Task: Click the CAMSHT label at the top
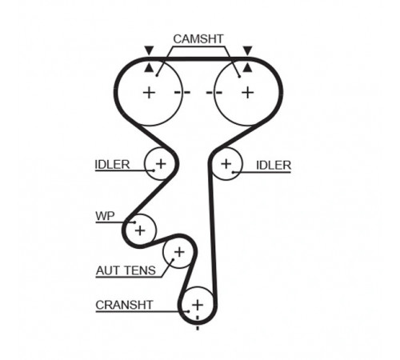coord(198,39)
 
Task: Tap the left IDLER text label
coord(112,165)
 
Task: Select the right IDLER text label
coord(274,166)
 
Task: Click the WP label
coord(105,216)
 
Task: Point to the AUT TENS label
coord(126,270)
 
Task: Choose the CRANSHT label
coord(124,305)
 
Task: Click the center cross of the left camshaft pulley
coord(149,93)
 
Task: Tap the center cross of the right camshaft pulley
coord(248,93)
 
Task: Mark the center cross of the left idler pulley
coord(161,163)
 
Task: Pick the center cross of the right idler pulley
coord(226,164)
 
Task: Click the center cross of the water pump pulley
coord(140,230)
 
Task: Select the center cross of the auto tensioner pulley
coord(179,252)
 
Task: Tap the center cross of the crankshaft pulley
coord(198,305)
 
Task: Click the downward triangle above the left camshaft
coord(149,50)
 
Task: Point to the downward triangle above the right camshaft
coord(248,50)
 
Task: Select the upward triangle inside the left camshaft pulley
coord(149,68)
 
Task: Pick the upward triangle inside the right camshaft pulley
coord(248,68)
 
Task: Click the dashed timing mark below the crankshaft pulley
coord(198,323)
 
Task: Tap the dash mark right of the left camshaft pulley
coord(182,93)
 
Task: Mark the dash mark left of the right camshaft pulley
coord(214,93)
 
